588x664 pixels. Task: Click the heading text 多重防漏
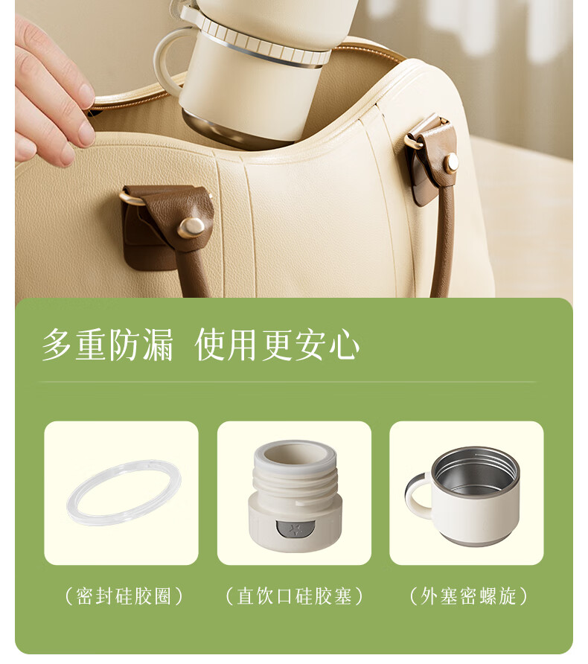tap(108, 345)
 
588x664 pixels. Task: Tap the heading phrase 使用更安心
tap(278, 345)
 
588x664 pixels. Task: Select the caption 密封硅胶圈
tap(124, 596)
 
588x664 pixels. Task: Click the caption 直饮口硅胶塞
tap(294, 596)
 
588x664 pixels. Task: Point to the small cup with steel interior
tap(463, 496)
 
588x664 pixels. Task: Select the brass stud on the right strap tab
tap(451, 161)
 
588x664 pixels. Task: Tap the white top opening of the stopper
tap(295, 456)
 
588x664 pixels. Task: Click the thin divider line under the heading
tap(288, 383)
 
